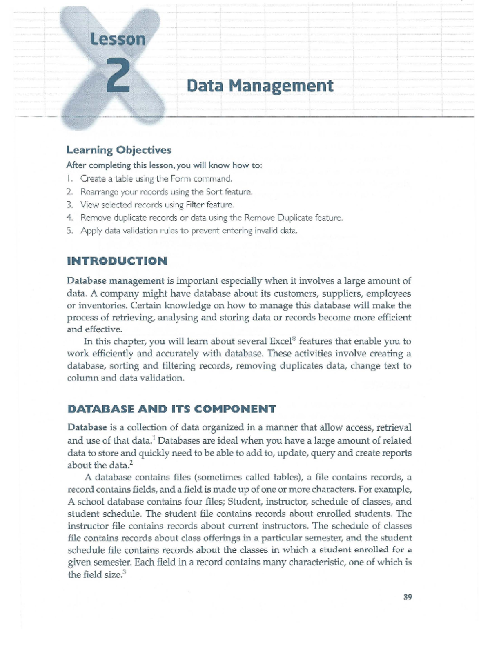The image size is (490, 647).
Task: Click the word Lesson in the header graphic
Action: click(118, 39)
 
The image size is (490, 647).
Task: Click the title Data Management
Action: click(260, 86)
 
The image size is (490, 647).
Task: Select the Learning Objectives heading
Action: click(119, 150)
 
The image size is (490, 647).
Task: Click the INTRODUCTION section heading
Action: click(117, 261)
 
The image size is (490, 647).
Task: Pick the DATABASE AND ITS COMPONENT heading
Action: click(171, 409)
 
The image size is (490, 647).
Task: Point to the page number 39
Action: click(408, 597)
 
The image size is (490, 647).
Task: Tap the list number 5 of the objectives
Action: click(70, 231)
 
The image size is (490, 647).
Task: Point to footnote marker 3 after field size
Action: click(124, 573)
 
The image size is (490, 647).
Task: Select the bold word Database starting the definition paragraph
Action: click(87, 428)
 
